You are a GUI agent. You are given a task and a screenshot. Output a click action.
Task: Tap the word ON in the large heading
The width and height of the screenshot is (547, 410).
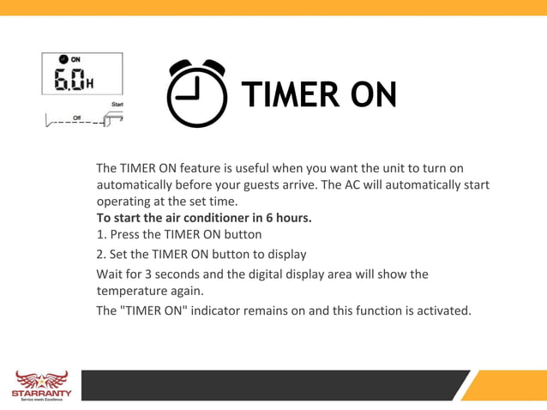click(x=371, y=94)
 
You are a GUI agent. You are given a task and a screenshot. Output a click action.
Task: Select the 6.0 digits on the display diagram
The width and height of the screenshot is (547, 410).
click(x=69, y=80)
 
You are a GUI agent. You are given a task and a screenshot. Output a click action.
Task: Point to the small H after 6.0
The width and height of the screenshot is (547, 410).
click(x=90, y=84)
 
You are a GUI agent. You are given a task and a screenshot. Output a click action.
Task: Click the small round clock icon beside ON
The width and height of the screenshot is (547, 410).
click(x=63, y=59)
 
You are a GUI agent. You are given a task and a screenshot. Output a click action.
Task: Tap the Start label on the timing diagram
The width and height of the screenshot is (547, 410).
click(x=117, y=105)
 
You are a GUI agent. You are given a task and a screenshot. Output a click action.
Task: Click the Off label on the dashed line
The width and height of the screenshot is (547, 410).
click(x=77, y=118)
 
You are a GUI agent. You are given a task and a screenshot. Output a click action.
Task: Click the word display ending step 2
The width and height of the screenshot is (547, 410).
click(x=286, y=254)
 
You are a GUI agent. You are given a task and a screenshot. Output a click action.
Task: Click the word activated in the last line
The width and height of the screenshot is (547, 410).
click(x=442, y=311)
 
